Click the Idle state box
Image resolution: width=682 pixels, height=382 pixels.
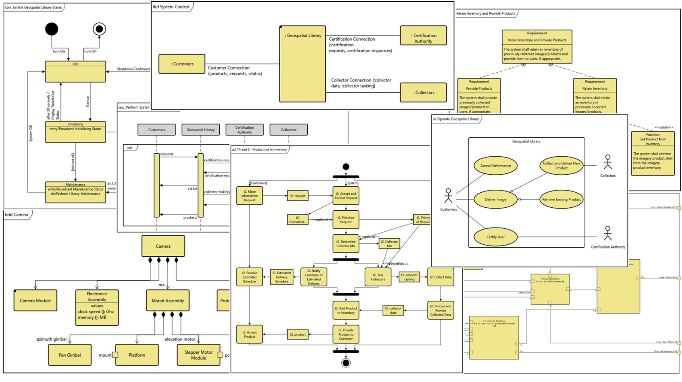tap(76, 72)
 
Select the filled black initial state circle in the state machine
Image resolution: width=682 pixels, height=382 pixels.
tap(52, 29)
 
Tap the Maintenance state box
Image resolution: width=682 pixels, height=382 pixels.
tap(76, 192)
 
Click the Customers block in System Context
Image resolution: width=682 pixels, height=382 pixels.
tap(182, 64)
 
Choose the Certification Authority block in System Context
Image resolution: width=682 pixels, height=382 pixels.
tap(423, 36)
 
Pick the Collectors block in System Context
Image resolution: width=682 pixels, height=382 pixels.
tap(423, 93)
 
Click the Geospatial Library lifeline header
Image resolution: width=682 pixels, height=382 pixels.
tap(200, 130)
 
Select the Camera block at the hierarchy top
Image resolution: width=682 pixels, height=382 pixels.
tap(163, 246)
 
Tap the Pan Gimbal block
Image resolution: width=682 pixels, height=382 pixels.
tap(70, 355)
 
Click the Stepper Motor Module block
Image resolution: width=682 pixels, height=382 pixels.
tap(198, 355)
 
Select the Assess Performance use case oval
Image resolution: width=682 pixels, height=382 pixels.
tap(495, 166)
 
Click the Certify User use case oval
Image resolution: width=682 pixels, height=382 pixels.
tap(495, 237)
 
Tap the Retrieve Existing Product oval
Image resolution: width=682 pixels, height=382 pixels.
tap(561, 200)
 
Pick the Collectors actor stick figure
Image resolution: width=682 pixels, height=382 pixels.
tap(608, 162)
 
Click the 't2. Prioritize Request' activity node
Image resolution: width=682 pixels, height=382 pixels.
tap(346, 220)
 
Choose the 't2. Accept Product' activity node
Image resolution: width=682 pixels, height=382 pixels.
tap(249, 334)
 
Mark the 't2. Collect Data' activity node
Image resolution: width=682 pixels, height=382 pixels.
tap(440, 277)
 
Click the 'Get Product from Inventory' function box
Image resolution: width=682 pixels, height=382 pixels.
tap(653, 153)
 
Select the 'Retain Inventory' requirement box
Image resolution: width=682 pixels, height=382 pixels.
tap(595, 96)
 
